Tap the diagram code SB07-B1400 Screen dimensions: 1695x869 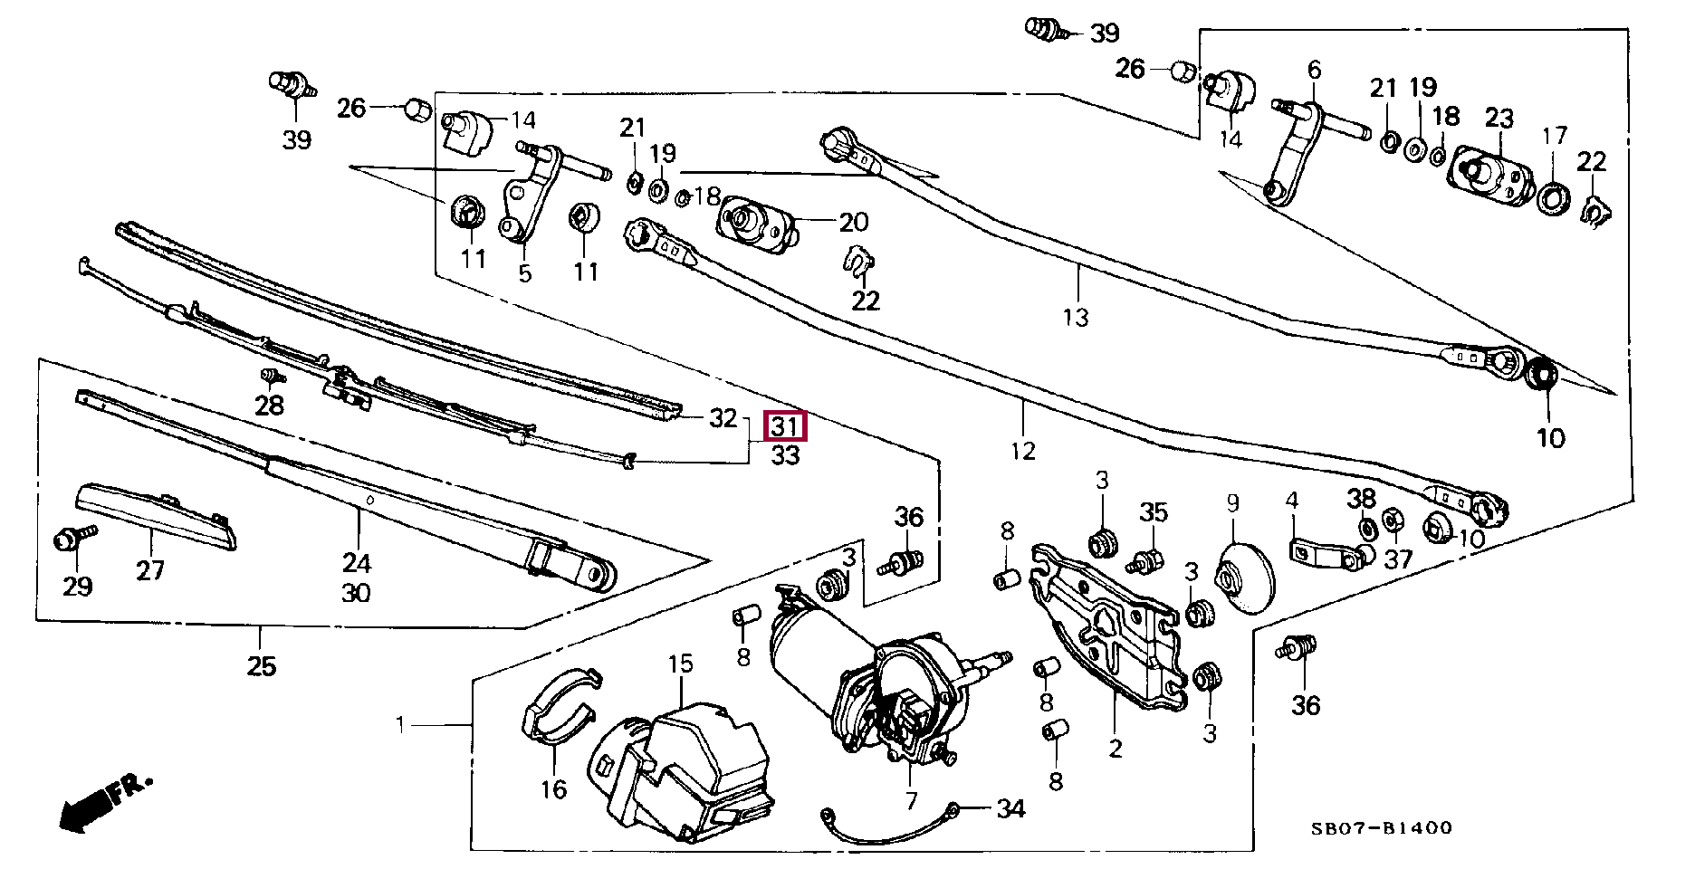pyautogui.click(x=1382, y=827)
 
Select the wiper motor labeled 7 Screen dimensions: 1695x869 pyautogui.click(x=869, y=679)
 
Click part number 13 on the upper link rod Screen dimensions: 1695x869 pyautogui.click(x=1076, y=317)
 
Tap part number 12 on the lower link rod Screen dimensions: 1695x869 pyautogui.click(x=1022, y=450)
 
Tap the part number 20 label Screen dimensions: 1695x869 pyautogui.click(x=853, y=222)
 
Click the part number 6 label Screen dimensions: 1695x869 pyautogui.click(x=1315, y=69)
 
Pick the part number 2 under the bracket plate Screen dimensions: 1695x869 pyautogui.click(x=1115, y=748)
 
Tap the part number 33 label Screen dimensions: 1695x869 pyautogui.click(x=785, y=456)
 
